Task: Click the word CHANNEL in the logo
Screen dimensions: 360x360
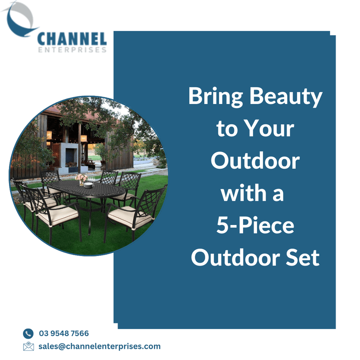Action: [72, 39]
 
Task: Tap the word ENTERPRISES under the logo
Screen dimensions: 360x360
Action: [72, 50]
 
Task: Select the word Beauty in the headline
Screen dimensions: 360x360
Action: [286, 97]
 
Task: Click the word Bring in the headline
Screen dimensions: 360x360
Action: [216, 97]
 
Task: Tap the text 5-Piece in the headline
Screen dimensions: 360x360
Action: [255, 226]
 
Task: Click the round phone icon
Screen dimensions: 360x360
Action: [28, 333]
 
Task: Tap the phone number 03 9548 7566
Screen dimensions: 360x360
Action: [64, 333]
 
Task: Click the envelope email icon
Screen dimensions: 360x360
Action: [28, 346]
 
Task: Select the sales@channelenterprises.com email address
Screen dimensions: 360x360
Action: [99, 346]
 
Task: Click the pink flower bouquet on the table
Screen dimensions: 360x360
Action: [81, 178]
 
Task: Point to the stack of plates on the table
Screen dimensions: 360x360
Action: [88, 185]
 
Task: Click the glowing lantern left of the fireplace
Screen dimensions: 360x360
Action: [49, 135]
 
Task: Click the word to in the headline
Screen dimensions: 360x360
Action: [227, 129]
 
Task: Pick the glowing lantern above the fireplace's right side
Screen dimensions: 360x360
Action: [84, 139]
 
